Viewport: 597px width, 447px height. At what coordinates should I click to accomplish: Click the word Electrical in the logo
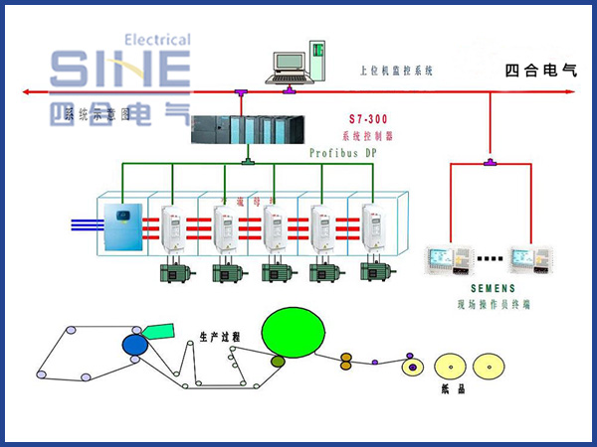click(157, 40)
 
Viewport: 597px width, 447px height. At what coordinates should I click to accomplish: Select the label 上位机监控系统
click(396, 72)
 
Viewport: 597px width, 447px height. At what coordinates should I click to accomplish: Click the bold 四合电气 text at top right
click(540, 71)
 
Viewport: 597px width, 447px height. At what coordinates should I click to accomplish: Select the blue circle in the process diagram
click(134, 345)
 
